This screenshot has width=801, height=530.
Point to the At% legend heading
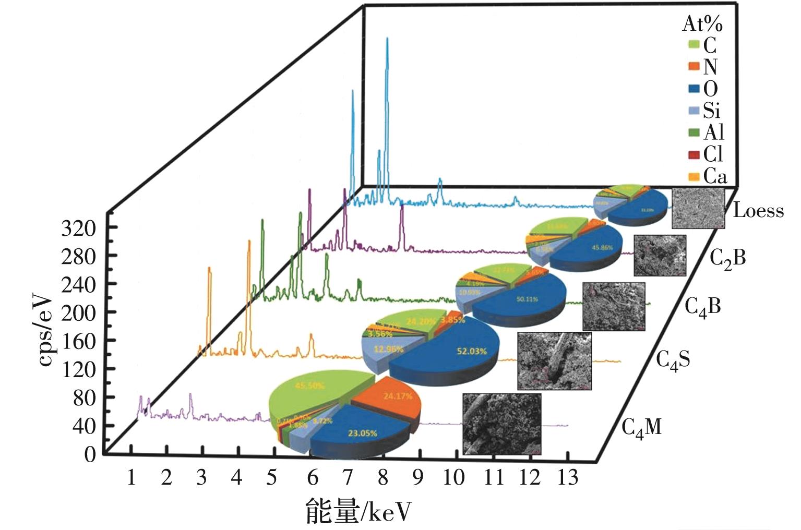click(702, 25)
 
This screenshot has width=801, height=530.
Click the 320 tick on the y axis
click(79, 228)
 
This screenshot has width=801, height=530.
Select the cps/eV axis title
click(45, 330)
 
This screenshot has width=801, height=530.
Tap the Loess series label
click(758, 211)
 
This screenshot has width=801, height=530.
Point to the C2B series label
click(727, 258)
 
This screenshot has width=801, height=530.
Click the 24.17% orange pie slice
click(391, 402)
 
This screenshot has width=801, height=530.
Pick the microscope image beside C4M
click(501, 424)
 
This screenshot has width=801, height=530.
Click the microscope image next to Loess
click(698, 208)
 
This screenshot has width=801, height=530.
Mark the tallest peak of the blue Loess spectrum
click(387, 39)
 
